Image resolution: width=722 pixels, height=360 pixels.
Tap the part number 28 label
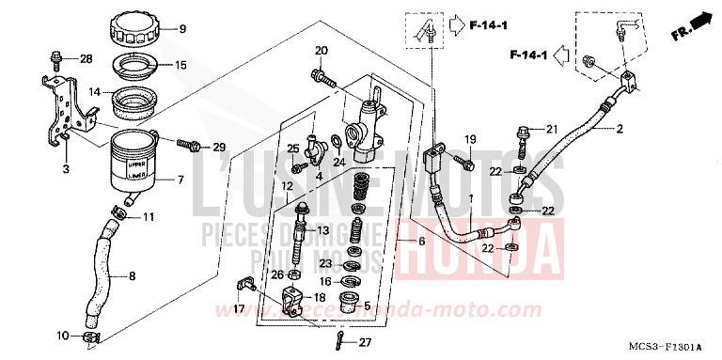[x=86, y=59]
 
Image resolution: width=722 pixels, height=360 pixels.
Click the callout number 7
[x=181, y=180]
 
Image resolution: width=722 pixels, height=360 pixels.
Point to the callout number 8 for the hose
[x=131, y=276]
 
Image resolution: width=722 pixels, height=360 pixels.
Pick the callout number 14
[x=95, y=92]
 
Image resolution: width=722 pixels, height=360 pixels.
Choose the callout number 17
[x=238, y=308]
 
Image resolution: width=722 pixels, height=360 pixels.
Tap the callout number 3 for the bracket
[x=66, y=168]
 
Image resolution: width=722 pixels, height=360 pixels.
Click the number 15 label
[x=180, y=65]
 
